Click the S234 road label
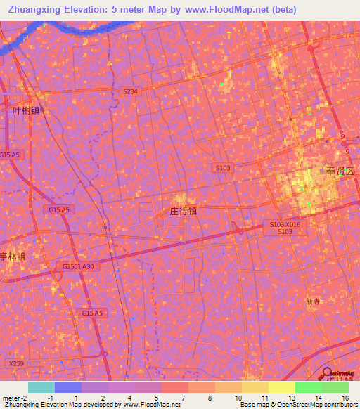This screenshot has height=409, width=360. click(x=130, y=91)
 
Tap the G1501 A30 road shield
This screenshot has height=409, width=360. click(x=78, y=267)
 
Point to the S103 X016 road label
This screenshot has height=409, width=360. click(x=285, y=224)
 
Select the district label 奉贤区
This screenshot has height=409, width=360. click(x=340, y=171)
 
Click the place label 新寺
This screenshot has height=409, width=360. click(x=314, y=301)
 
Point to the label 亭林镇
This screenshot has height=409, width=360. click(x=13, y=257)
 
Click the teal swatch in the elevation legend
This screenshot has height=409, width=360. click(x=41, y=387)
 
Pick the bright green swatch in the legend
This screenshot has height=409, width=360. click(x=309, y=387)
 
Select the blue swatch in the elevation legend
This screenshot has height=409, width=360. click(x=68, y=387)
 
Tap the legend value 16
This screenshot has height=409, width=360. click(x=345, y=398)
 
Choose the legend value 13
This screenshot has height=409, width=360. click(x=291, y=398)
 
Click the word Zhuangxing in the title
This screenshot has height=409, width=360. click(x=30, y=10)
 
